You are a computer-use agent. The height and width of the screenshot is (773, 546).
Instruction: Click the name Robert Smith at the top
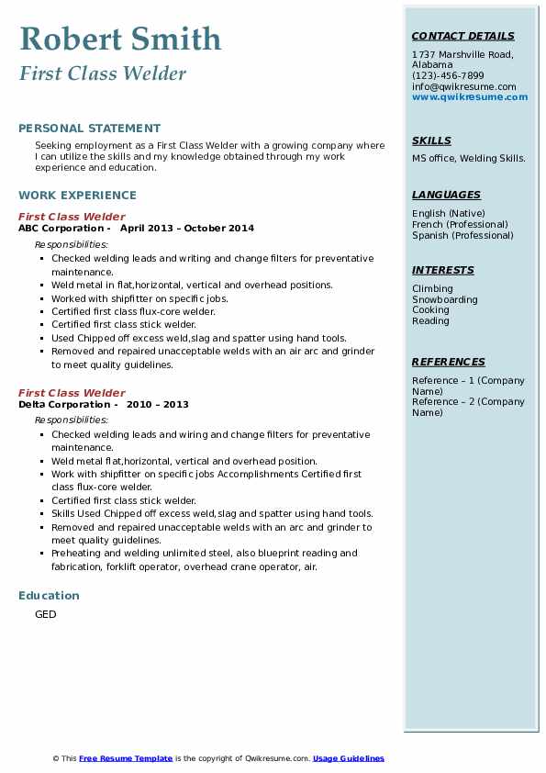click(x=120, y=39)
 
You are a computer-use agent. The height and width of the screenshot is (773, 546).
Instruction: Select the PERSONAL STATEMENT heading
click(x=89, y=129)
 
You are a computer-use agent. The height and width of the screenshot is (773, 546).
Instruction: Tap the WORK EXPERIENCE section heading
click(x=77, y=196)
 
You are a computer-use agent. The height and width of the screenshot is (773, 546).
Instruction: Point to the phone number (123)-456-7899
click(x=448, y=76)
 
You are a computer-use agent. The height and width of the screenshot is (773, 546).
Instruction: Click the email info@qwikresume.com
click(x=463, y=86)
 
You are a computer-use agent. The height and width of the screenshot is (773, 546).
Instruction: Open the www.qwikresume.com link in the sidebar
click(x=470, y=96)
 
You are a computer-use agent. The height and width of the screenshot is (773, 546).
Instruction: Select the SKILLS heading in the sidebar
click(x=431, y=141)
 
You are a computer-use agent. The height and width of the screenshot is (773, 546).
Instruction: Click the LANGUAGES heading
click(x=446, y=195)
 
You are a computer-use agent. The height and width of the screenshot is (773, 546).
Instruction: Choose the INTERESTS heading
click(x=443, y=271)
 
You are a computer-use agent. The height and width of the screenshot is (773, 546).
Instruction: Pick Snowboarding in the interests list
click(x=445, y=300)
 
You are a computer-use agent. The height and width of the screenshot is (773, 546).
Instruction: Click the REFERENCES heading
click(x=449, y=362)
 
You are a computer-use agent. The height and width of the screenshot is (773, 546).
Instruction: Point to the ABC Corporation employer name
click(x=61, y=228)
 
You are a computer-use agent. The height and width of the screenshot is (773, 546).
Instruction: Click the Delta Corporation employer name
click(x=63, y=404)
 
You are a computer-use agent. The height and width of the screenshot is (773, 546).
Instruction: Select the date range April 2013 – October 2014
click(x=187, y=228)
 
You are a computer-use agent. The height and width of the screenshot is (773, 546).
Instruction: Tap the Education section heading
click(x=49, y=596)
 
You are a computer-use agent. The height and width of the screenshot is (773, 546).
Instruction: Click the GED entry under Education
click(x=46, y=614)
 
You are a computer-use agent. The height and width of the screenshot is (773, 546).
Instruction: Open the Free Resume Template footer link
click(x=126, y=758)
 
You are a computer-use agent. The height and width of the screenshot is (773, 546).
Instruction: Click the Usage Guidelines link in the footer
click(x=349, y=758)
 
